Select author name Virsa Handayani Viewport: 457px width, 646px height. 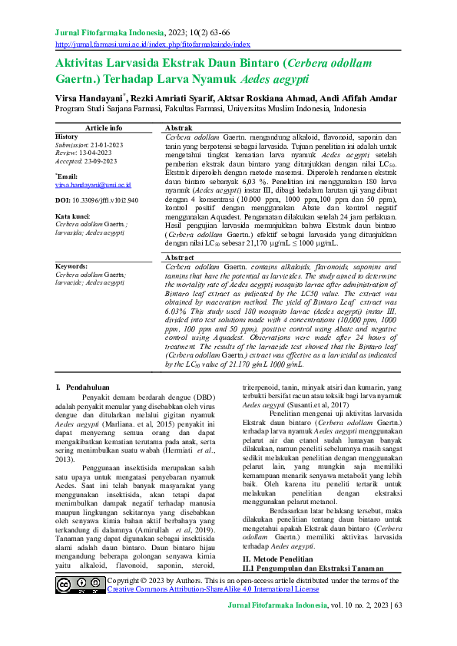coord(89,98)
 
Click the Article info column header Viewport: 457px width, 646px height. coord(104,127)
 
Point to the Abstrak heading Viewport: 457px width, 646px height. coord(179,127)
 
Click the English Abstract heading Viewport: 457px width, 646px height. coord(180,258)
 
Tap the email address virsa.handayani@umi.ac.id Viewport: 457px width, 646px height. coord(94,185)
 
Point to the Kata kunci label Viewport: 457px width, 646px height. coord(74,216)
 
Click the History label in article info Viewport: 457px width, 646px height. coord(67,137)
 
